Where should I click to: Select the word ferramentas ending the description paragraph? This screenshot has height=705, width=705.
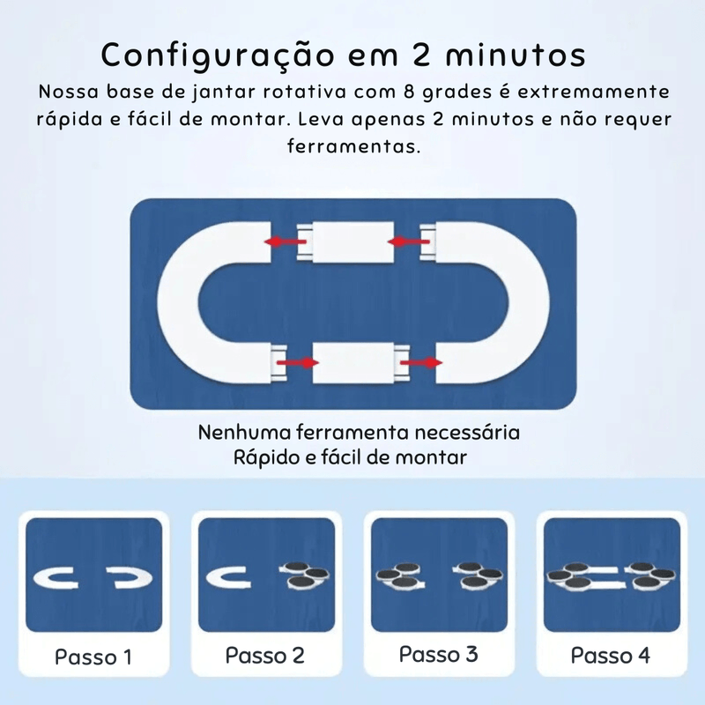352,145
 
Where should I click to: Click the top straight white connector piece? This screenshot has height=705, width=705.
351,240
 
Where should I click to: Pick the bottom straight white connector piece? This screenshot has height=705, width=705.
357,361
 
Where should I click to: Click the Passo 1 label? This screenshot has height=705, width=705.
93,657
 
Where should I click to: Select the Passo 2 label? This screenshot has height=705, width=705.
265,656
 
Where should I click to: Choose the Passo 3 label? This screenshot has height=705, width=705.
438,655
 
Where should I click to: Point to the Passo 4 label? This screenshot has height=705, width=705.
611,656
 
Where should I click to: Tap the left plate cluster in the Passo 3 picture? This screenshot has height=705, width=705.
401,577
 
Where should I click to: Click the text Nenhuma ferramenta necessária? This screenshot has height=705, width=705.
359,434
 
